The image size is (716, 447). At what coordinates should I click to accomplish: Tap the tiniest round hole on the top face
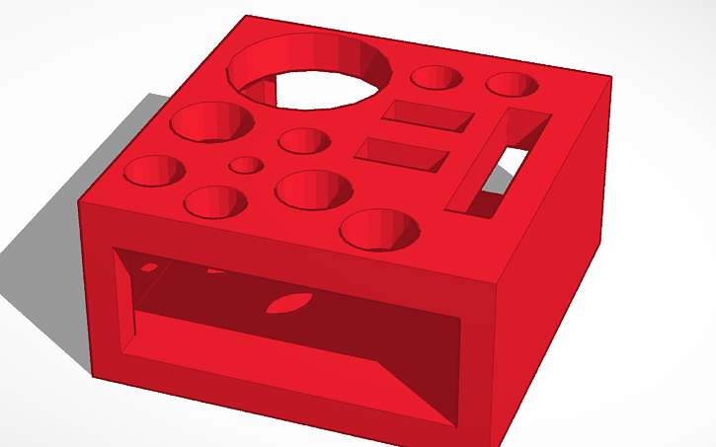pos(245,165)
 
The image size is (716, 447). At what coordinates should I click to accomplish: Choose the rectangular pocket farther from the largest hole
pos(402,154)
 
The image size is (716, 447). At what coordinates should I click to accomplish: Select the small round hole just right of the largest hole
pos(437,79)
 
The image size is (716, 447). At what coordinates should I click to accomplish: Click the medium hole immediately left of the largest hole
pos(212,121)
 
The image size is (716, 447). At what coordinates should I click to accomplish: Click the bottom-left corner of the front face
pos(93,375)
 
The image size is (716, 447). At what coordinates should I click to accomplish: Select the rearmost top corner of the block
pos(245,16)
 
